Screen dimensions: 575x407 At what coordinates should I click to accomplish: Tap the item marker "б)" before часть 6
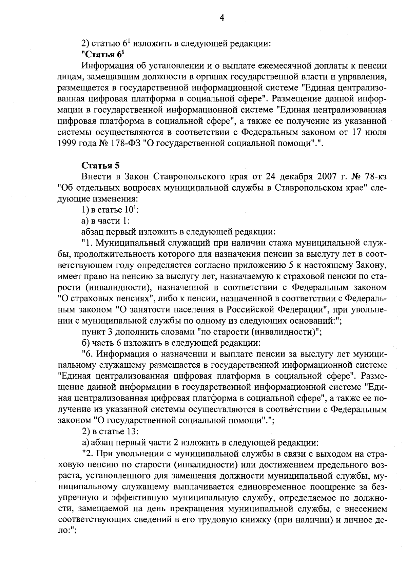[85, 343]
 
